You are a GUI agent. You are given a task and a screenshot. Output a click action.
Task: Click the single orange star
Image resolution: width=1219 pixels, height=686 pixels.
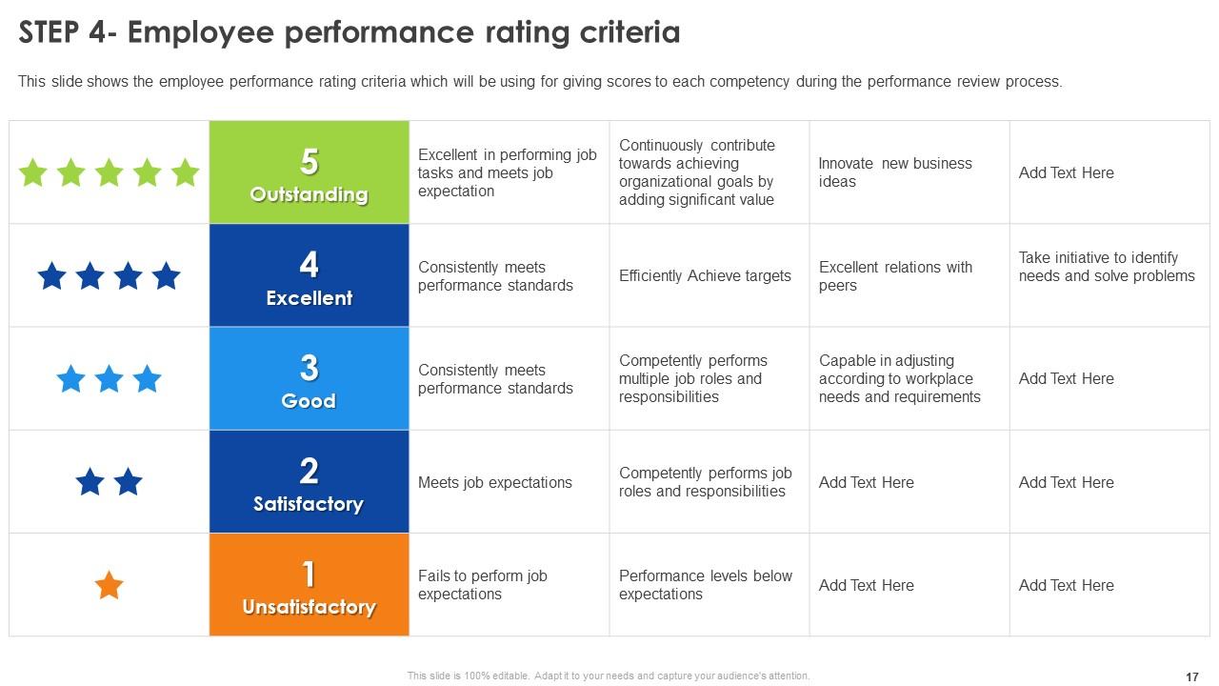pyautogui.click(x=110, y=585)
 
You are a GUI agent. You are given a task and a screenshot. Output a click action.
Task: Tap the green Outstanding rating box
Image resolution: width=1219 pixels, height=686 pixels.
pyautogui.click(x=309, y=172)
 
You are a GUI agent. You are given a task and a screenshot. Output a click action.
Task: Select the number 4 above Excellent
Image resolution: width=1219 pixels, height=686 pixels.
pyautogui.click(x=309, y=264)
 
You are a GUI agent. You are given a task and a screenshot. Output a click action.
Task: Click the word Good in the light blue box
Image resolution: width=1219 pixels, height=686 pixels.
pyautogui.click(x=309, y=401)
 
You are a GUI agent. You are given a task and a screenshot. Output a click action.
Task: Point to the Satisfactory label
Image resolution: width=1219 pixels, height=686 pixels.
pyautogui.click(x=309, y=504)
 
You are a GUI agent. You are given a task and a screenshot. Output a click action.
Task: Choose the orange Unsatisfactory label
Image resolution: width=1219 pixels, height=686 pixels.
pyautogui.click(x=309, y=607)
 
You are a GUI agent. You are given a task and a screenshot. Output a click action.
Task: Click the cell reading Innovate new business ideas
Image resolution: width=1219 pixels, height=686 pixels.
pyautogui.click(x=895, y=172)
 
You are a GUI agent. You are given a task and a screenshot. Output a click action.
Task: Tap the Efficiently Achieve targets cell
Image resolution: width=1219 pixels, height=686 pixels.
pyautogui.click(x=705, y=276)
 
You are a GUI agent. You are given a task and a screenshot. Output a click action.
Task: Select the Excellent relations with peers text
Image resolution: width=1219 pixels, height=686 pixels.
pyautogui.click(x=895, y=276)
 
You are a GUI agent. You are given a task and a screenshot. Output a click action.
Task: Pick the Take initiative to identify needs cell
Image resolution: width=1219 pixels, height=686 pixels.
pyautogui.click(x=1107, y=267)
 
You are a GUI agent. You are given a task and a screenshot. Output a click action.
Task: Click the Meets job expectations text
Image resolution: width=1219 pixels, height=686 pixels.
pyautogui.click(x=495, y=483)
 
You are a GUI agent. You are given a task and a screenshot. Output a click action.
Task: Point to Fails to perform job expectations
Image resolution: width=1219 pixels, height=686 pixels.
pyautogui.click(x=483, y=585)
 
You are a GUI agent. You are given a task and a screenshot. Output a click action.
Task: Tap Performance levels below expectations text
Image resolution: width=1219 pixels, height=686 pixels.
pyautogui.click(x=706, y=585)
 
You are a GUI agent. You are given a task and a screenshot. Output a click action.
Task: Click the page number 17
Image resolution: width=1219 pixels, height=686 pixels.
pyautogui.click(x=1192, y=676)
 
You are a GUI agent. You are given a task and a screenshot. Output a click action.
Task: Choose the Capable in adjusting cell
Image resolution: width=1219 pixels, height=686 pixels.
pyautogui.click(x=899, y=378)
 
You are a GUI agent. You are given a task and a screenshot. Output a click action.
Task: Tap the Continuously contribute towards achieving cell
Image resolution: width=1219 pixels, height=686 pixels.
pyautogui.click(x=697, y=172)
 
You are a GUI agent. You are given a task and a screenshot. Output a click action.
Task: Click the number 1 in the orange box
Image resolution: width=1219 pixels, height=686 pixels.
pyautogui.click(x=309, y=574)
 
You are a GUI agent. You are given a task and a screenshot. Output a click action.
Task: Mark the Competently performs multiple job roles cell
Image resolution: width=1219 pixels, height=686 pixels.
pyautogui.click(x=693, y=378)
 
